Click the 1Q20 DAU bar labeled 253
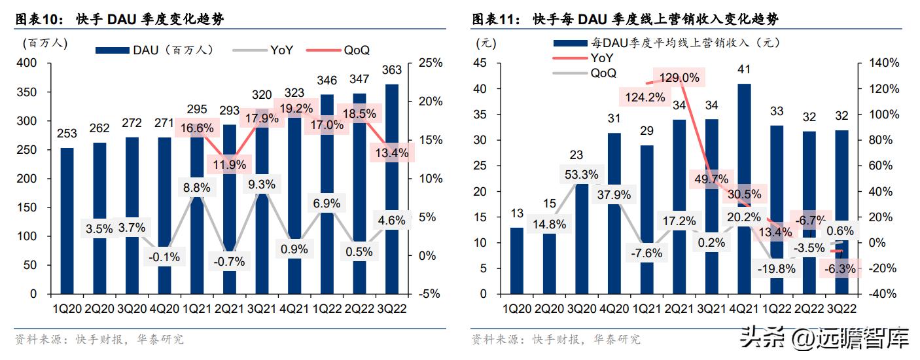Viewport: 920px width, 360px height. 67,221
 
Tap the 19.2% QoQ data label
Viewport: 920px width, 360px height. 298,109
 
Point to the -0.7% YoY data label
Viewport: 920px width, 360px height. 229,261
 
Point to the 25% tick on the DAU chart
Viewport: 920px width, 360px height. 430,63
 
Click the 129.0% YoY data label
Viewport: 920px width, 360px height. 679,78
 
